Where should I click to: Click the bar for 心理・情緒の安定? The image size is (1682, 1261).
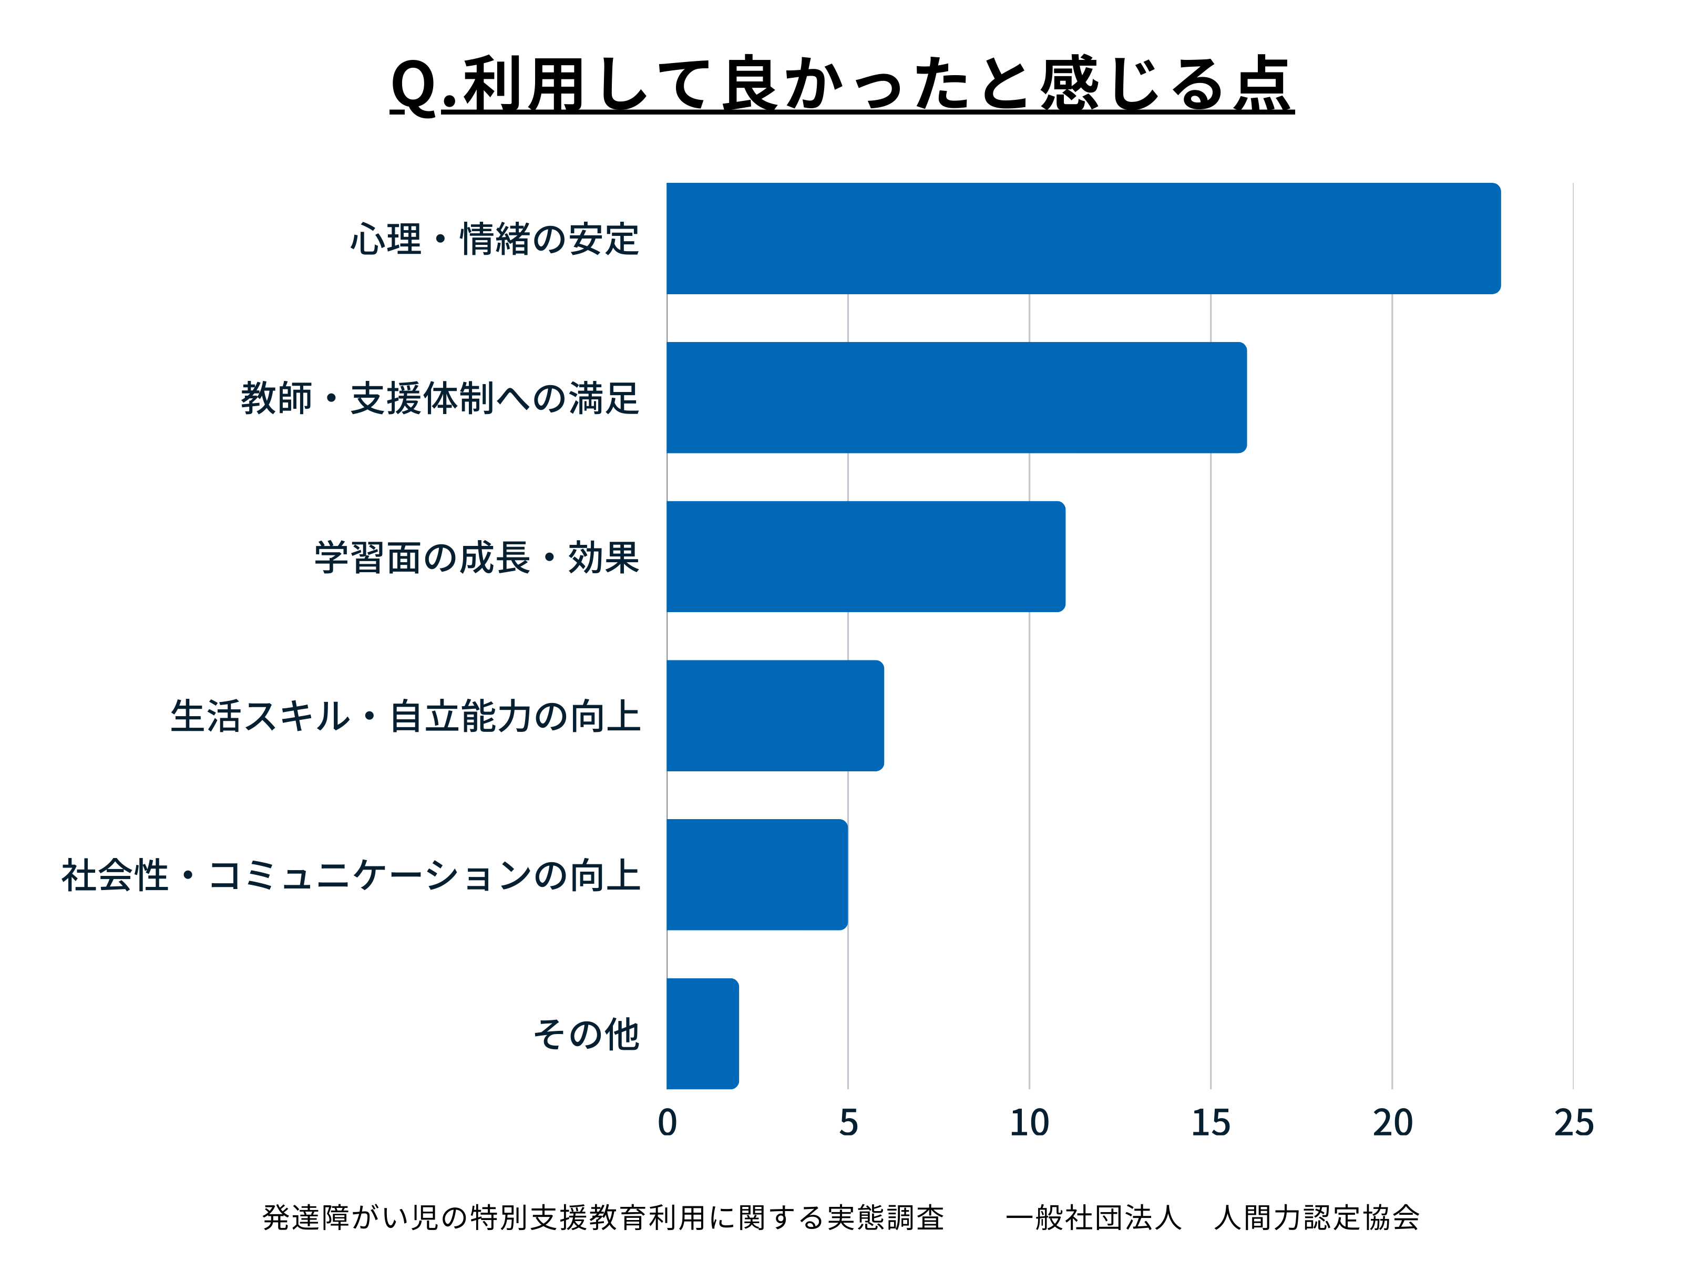click(1083, 238)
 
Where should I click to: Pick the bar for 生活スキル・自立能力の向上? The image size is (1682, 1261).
click(775, 715)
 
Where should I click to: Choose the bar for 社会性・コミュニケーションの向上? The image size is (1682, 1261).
click(756, 874)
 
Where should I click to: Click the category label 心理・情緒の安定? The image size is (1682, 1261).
click(495, 239)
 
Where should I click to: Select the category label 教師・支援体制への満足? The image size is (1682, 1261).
click(440, 398)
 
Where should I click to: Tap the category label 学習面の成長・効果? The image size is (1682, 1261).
click(477, 557)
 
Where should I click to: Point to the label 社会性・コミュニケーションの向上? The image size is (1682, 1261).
click(351, 875)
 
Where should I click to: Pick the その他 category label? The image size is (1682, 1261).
click(586, 1033)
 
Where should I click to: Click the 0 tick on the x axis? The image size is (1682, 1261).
click(667, 1123)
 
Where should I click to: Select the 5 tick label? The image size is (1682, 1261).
click(848, 1123)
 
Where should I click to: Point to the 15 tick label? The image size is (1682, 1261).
click(1211, 1123)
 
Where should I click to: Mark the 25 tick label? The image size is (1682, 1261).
click(1573, 1123)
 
